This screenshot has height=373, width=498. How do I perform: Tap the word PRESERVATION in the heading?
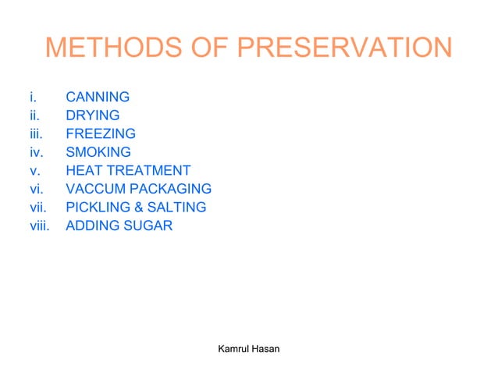[343, 48]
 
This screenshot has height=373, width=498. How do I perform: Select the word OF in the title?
[212, 48]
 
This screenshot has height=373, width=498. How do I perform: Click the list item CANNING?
[98, 98]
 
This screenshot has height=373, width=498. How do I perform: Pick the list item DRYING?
[93, 115]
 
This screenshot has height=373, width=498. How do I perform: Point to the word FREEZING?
[101, 133]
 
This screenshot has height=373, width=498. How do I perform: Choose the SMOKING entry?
[98, 152]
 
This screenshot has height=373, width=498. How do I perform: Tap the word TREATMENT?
[149, 170]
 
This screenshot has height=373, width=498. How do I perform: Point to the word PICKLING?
[98, 208]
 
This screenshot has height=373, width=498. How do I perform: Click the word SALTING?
[177, 208]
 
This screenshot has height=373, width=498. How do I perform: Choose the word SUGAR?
[148, 226]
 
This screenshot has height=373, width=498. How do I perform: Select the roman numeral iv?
[34, 152]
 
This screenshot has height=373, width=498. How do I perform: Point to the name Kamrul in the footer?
[232, 348]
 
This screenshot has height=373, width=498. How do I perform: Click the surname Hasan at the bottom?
[265, 348]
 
